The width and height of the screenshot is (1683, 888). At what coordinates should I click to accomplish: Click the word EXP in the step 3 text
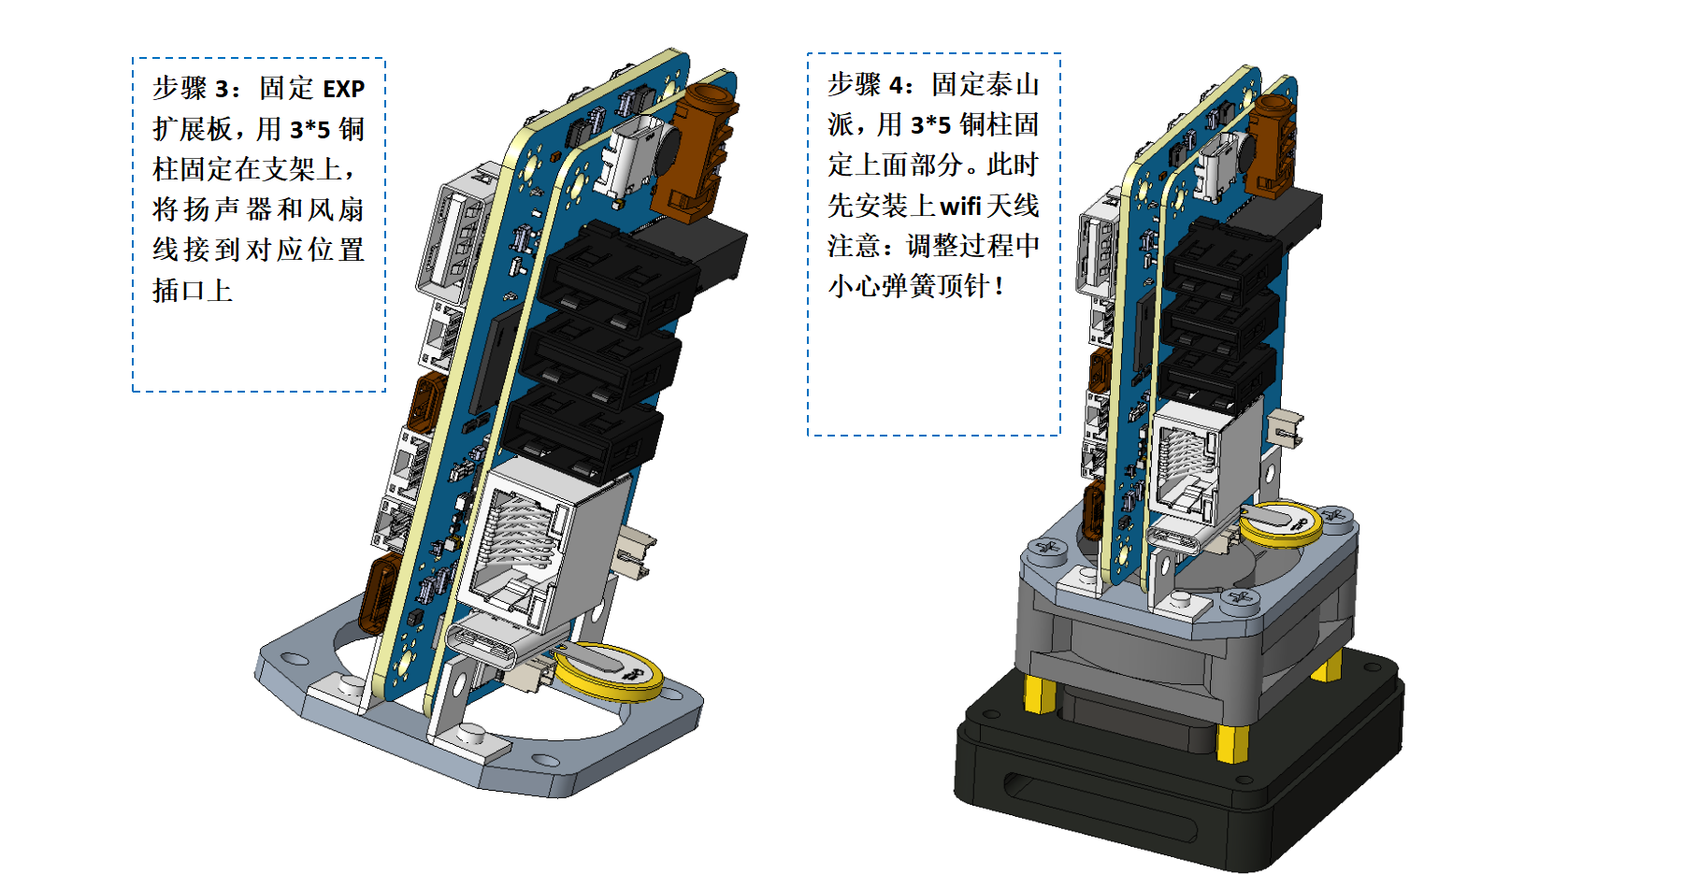343,89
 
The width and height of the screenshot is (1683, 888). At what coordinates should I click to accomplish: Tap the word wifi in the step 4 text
959,206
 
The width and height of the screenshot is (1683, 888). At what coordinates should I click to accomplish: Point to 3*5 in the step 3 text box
309,130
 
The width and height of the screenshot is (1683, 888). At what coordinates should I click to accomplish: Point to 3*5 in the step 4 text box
930,125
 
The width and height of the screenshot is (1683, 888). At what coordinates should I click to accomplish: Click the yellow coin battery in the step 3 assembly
608,671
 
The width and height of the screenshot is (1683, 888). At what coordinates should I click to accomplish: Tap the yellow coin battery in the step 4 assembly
1281,523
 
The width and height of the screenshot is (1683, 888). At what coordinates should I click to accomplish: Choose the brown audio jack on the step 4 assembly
1272,146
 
